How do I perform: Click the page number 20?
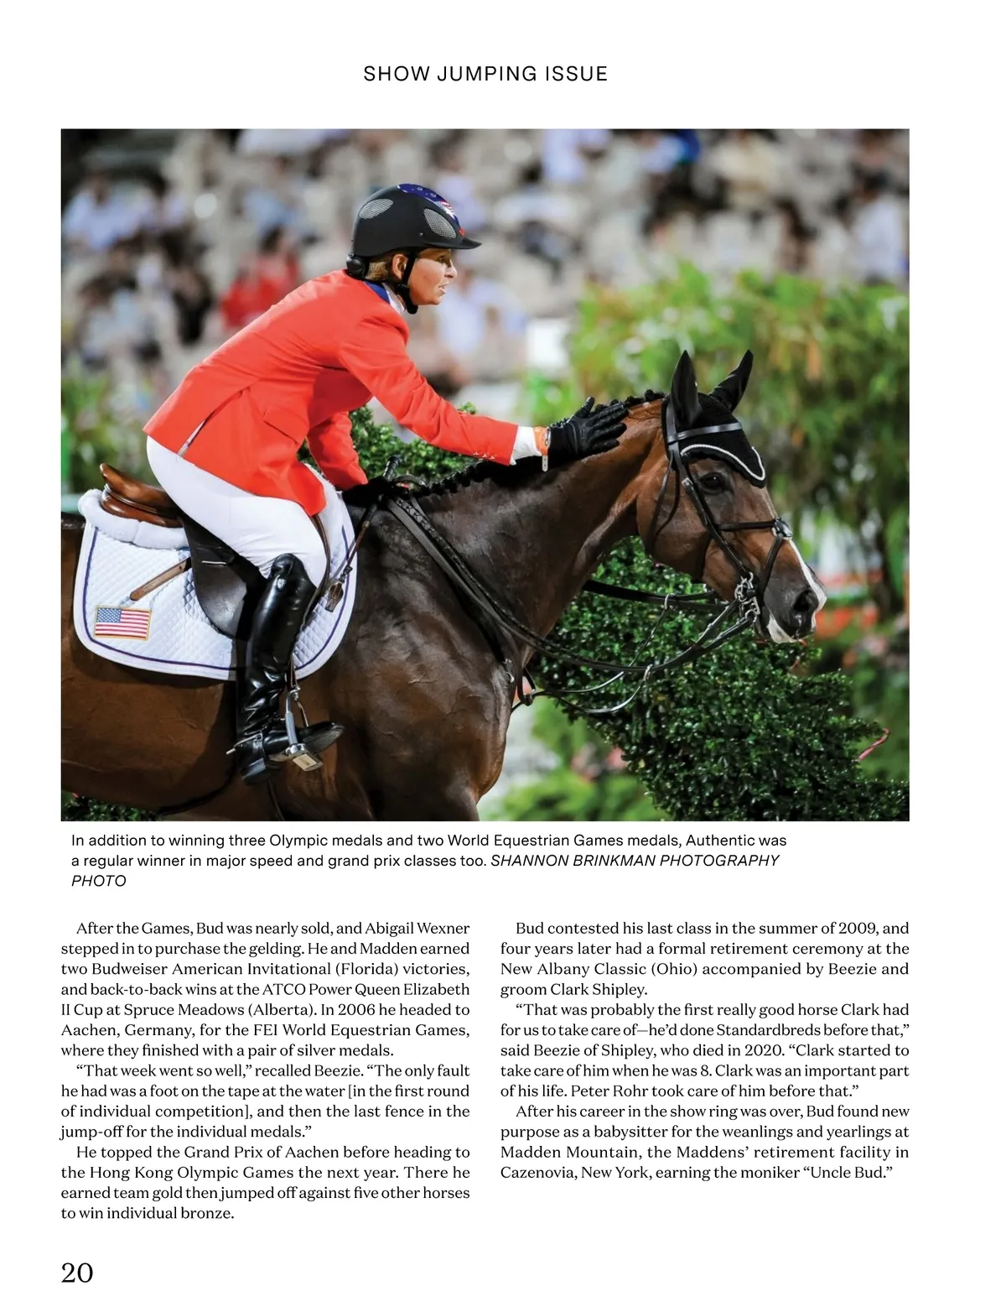pos(77,1273)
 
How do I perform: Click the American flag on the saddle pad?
pos(122,622)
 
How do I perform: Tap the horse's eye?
pos(714,482)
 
